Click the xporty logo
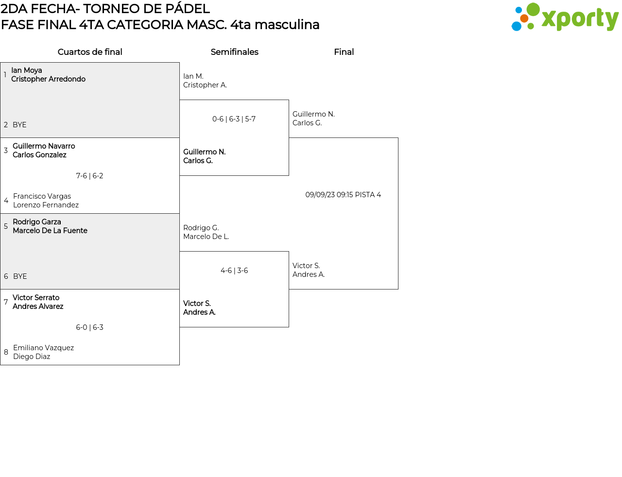point(565,18)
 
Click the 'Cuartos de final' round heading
point(90,52)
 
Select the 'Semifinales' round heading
point(234,52)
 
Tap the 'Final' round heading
point(344,52)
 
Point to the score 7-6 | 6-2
point(89,176)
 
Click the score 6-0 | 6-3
point(89,327)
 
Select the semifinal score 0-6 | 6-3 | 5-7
point(234,119)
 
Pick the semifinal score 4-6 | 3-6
point(234,271)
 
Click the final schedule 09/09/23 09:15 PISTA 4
point(343,195)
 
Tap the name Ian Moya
point(27,70)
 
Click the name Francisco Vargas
point(42,196)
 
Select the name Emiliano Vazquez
point(43,348)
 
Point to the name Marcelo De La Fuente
point(50,231)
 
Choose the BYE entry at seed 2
point(19,125)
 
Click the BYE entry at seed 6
point(20,276)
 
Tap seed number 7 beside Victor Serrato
point(6,302)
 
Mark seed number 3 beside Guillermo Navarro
point(6,151)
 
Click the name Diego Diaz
point(32,357)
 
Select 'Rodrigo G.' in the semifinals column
point(201,228)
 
